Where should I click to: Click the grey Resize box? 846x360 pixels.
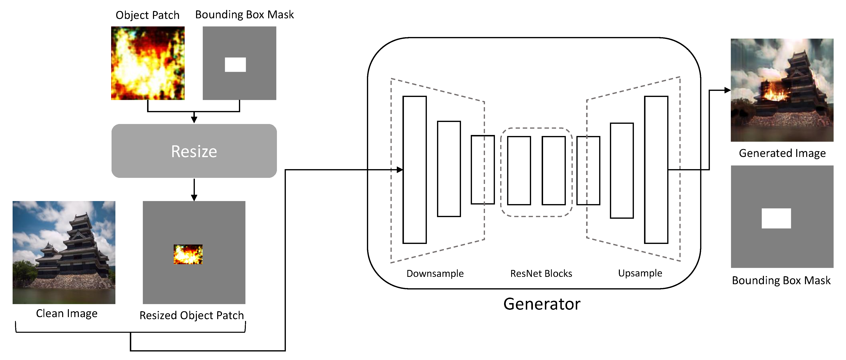[194, 151]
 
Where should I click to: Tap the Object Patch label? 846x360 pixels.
[148, 15]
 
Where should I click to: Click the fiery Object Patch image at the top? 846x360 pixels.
[148, 63]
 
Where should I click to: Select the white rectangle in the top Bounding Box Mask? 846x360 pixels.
[235, 65]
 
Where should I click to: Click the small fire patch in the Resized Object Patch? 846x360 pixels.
[188, 254]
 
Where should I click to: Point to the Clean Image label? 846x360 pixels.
[67, 313]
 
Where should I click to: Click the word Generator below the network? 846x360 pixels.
[542, 304]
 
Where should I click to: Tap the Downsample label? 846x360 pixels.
[435, 273]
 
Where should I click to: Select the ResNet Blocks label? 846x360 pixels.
[541, 273]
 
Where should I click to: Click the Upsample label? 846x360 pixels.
[640, 273]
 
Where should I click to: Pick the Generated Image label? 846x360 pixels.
[782, 153]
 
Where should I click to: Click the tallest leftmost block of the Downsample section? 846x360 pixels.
[414, 170]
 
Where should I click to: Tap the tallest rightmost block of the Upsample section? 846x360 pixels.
[656, 170]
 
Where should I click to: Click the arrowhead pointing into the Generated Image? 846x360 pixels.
[727, 90]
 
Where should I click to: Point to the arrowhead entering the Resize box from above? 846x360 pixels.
[194, 120]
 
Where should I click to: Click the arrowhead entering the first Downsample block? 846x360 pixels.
[399, 170]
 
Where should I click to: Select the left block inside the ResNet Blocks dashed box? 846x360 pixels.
[519, 171]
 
